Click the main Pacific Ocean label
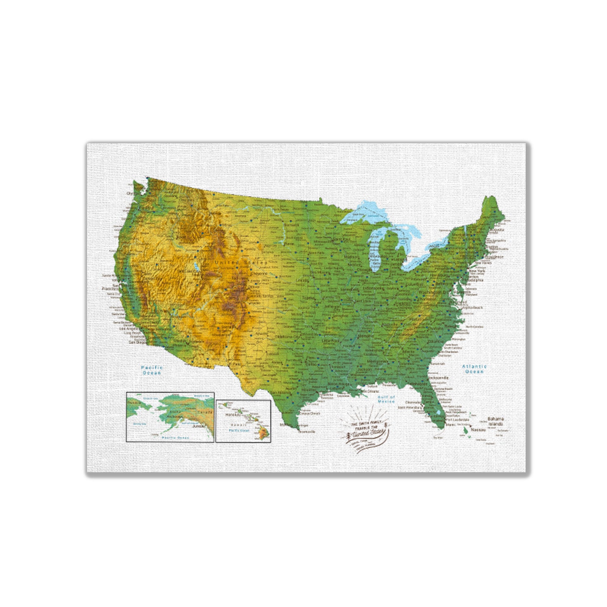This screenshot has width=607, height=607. (x=151, y=370)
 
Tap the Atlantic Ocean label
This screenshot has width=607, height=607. (x=474, y=369)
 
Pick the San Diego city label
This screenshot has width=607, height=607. (x=137, y=342)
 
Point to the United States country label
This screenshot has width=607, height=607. (x=241, y=263)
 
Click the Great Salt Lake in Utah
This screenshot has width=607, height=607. (x=196, y=267)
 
